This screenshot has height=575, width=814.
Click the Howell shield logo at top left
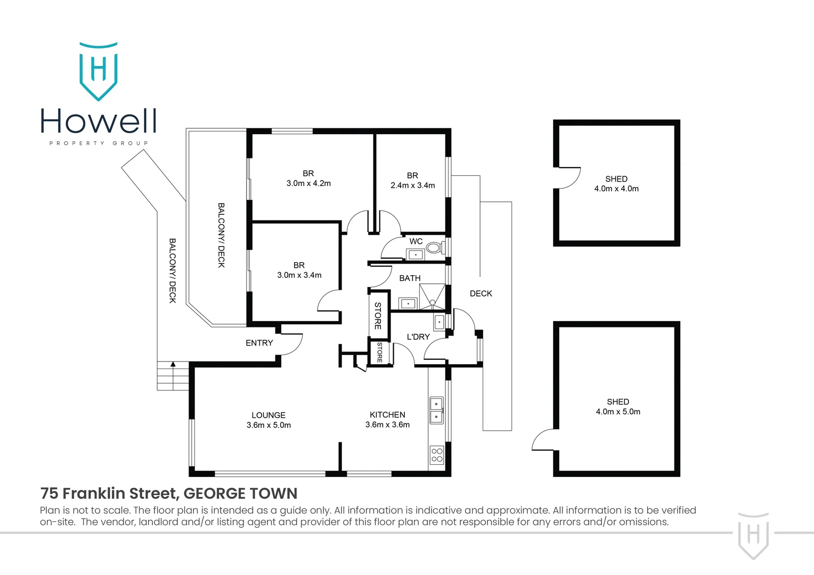pyautogui.click(x=99, y=71)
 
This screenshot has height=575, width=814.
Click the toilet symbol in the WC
pyautogui.click(x=434, y=248)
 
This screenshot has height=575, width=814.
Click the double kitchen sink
pyautogui.click(x=436, y=410)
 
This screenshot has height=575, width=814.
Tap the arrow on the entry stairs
pyautogui.click(x=173, y=365)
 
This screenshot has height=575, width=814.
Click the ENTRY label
pyautogui.click(x=259, y=343)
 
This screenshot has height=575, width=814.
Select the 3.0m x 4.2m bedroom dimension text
pyautogui.click(x=308, y=184)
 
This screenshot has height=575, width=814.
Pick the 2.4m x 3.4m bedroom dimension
pyautogui.click(x=412, y=186)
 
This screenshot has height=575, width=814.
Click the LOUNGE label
pyautogui.click(x=268, y=415)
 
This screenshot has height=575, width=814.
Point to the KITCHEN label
pyautogui.click(x=387, y=415)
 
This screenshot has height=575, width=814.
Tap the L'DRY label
pyautogui.click(x=418, y=337)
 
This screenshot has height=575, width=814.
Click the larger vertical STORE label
pyautogui.click(x=378, y=316)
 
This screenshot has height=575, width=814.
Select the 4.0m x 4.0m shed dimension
pyautogui.click(x=616, y=188)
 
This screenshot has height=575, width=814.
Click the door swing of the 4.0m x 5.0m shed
pyautogui.click(x=544, y=440)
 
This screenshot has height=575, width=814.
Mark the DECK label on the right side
pyautogui.click(x=481, y=293)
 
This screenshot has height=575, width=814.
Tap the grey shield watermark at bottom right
pyautogui.click(x=753, y=535)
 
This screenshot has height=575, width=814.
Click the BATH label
pyautogui.click(x=410, y=278)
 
